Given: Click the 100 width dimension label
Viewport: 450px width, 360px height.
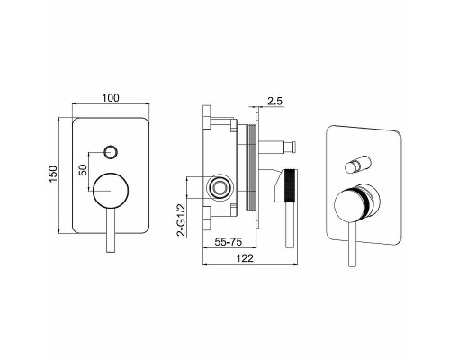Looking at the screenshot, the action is tap(111, 98).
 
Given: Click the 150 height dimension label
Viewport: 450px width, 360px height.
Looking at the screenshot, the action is tap(53, 175).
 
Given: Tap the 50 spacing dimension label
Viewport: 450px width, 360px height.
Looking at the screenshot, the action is tap(84, 170).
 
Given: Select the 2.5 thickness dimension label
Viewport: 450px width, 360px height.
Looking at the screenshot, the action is tap(274, 101).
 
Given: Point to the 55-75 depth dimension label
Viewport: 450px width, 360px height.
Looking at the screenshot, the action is tap(229, 242).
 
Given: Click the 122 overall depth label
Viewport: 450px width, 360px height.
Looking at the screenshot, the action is tap(245, 258).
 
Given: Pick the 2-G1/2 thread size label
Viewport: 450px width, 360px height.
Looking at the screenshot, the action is tap(182, 220).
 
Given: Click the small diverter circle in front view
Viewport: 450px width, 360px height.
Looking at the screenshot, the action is tap(111, 152).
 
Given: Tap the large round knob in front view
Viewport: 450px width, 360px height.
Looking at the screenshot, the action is tap(111, 191).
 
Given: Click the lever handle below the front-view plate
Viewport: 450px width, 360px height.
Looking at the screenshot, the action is tap(111, 230).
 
